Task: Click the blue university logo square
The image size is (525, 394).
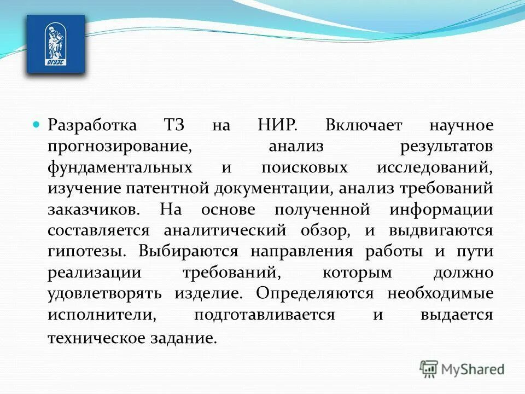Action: tap(56, 44)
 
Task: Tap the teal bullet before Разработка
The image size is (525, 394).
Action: tap(37, 124)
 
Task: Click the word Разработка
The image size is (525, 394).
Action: tap(92, 125)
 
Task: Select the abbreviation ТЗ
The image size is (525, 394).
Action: tap(174, 125)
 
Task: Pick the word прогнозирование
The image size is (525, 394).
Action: tap(120, 147)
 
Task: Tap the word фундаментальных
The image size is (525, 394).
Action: tap(120, 167)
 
